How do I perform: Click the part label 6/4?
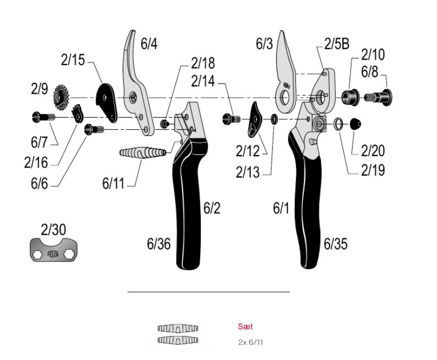click(149, 44)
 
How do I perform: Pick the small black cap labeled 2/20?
click(355, 124)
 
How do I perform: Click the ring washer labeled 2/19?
click(339, 124)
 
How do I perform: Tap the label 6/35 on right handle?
click(336, 244)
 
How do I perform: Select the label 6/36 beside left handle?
click(159, 244)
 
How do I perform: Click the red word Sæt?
click(245, 326)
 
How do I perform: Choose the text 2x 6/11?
click(250, 341)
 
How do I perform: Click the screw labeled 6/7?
click(42, 118)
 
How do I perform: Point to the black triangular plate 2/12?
click(255, 119)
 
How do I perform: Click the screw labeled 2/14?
click(231, 118)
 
